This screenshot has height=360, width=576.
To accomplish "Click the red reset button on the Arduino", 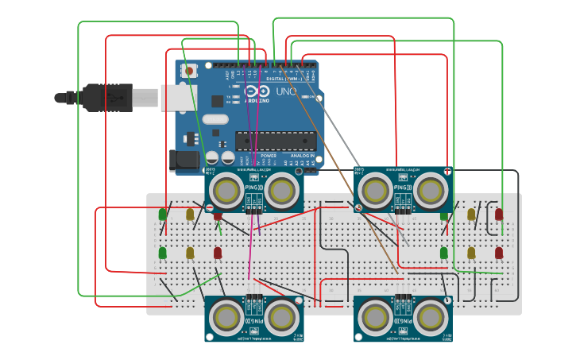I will tap(191, 71).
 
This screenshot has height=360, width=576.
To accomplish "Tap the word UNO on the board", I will tap(286, 91).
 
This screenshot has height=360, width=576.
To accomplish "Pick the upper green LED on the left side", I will tap(163, 215).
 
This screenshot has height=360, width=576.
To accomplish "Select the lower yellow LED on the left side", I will tap(190, 253).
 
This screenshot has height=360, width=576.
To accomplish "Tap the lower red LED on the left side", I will tap(217, 253).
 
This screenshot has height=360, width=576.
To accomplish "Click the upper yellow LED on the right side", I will tap(471, 214).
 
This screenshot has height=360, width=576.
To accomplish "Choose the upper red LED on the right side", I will tap(499, 214).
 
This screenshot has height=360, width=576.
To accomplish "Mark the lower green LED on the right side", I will tap(444, 253).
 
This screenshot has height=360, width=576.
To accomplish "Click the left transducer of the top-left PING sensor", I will tap(228, 190).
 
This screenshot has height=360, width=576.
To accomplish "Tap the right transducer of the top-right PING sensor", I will tap(429, 190).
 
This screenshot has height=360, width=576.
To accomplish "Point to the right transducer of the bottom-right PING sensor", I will tap(429, 317).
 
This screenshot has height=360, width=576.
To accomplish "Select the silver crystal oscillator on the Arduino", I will tap(214, 120).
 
